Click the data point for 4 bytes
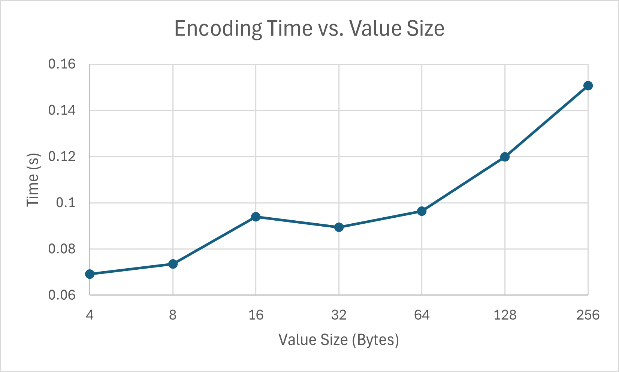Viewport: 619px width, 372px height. click(90, 274)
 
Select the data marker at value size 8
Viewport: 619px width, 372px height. click(173, 264)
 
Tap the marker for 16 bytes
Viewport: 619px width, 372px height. click(256, 217)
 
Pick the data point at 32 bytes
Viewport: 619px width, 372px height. click(339, 227)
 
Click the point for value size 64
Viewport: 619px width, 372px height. click(422, 211)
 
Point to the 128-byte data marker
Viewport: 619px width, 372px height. click(505, 157)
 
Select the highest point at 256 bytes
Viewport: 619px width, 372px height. click(588, 86)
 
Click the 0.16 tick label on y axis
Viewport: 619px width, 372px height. click(62, 64)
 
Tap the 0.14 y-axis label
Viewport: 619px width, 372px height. click(62, 111)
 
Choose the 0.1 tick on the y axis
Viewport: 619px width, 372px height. click(66, 203)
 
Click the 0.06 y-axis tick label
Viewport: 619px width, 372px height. click(62, 295)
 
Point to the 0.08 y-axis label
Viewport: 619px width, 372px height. click(62, 249)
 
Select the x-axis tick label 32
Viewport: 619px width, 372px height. click(339, 315)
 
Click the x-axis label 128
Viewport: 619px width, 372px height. click(505, 315)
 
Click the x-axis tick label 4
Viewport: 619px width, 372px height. click(90, 315)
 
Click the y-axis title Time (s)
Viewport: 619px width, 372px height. click(33, 180)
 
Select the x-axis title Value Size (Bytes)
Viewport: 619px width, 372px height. click(339, 340)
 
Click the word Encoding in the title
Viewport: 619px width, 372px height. click(218, 29)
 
